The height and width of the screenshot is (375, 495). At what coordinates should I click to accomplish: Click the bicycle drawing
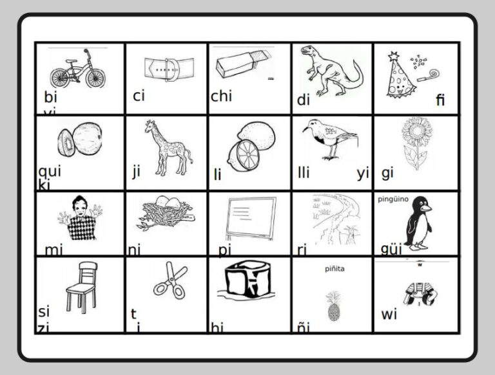click(x=77, y=68)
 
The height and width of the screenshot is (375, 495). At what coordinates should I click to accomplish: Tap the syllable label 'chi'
click(x=221, y=96)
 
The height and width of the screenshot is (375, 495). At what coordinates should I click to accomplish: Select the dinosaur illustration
click(x=330, y=71)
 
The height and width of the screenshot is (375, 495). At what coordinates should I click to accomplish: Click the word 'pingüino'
click(x=393, y=199)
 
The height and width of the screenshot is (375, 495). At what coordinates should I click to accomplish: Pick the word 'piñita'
click(x=334, y=269)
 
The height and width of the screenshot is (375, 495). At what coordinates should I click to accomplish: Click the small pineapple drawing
click(x=334, y=306)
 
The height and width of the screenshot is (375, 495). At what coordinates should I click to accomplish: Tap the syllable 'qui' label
click(x=50, y=171)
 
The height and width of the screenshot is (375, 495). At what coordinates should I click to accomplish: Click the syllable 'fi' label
click(x=440, y=100)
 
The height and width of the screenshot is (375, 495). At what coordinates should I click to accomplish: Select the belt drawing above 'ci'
click(x=167, y=68)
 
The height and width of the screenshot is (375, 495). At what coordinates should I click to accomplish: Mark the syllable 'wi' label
click(x=389, y=315)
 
